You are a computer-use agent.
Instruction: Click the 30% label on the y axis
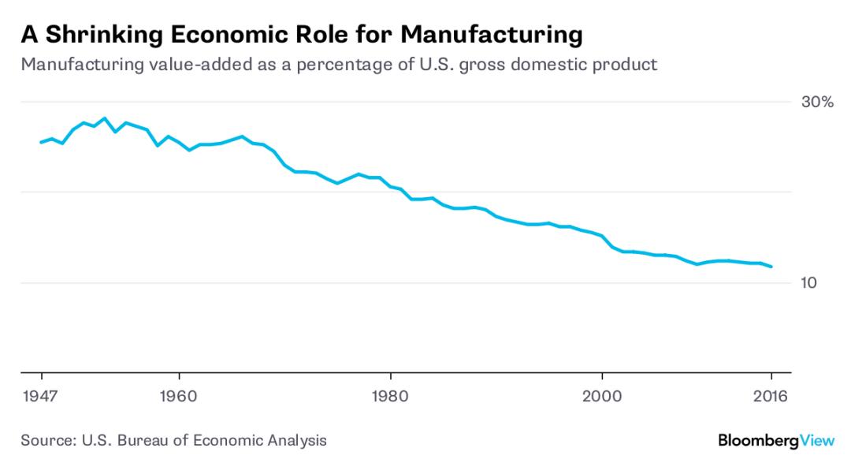coord(817,103)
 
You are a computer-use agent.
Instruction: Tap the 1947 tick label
coord(41,396)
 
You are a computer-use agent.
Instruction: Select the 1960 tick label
coord(180,396)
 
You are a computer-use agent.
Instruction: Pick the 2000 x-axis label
coord(602,396)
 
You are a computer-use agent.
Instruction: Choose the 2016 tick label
coord(771,396)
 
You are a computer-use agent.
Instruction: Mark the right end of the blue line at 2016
coord(771,267)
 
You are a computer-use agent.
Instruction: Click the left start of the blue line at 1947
coord(41,142)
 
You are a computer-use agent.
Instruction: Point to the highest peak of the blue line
coord(104,118)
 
